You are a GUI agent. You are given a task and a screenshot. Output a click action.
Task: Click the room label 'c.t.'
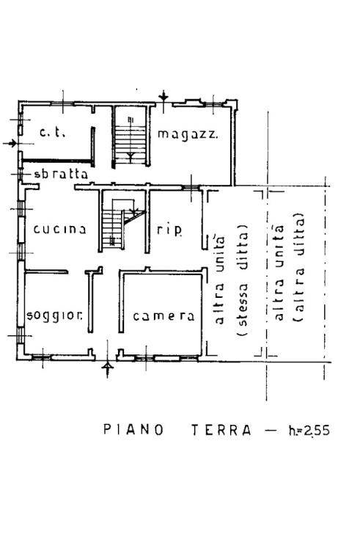(52, 133)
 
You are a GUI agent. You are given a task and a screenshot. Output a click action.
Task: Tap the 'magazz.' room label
(188, 134)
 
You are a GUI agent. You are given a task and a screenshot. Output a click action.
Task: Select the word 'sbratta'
(61, 174)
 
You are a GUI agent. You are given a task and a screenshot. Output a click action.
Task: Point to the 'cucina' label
(59, 229)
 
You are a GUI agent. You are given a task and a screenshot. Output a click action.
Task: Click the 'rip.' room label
(169, 230)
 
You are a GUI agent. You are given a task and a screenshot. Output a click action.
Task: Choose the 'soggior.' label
(54, 315)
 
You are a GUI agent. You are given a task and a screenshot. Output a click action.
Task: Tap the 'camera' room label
(164, 316)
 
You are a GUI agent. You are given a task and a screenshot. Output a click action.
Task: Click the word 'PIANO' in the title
(133, 429)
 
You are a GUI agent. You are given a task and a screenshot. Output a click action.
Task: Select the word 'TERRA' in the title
(221, 430)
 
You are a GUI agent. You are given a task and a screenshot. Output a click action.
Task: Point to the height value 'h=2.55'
(309, 431)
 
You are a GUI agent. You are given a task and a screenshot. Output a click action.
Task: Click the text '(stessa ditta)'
(242, 281)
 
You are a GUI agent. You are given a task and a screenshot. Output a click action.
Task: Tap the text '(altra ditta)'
(298, 267)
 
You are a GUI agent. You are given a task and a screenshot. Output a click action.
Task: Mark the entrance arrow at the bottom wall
(108, 369)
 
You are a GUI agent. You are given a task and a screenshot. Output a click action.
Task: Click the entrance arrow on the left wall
(10, 143)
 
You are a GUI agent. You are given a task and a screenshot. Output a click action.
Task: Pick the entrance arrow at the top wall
(164, 96)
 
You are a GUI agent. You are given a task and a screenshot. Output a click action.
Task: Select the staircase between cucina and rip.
(123, 224)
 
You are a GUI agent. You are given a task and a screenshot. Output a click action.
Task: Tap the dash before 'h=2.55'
(271, 430)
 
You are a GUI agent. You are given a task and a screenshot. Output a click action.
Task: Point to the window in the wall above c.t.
(62, 103)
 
